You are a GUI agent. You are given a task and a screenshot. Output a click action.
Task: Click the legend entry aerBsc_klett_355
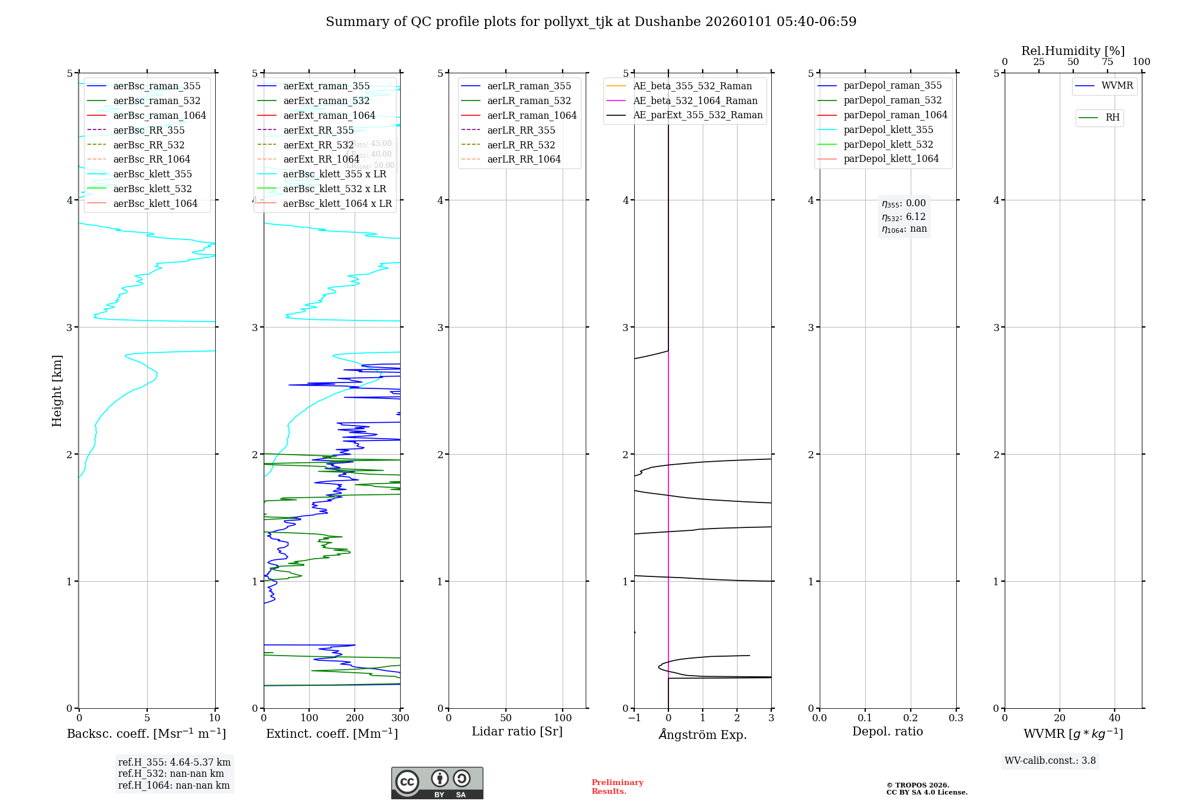pyautogui.click(x=152, y=174)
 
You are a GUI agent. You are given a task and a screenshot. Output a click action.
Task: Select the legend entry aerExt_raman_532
pyautogui.click(x=326, y=100)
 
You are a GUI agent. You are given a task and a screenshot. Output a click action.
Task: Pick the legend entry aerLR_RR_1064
pyautogui.click(x=524, y=159)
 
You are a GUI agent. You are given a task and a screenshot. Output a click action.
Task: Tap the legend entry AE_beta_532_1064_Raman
pyautogui.click(x=695, y=100)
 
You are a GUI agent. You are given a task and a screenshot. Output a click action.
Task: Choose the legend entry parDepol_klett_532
pyautogui.click(x=888, y=144)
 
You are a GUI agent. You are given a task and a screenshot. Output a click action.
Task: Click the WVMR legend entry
pyautogui.click(x=1117, y=86)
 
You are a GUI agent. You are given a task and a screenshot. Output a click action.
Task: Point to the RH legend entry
pyautogui.click(x=1112, y=118)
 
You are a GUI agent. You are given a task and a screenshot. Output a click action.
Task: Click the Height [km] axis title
pyautogui.click(x=57, y=391)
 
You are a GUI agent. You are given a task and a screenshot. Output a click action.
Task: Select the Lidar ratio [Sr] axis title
pyautogui.click(x=517, y=731)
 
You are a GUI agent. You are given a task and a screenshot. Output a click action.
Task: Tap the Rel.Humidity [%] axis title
pyautogui.click(x=1073, y=51)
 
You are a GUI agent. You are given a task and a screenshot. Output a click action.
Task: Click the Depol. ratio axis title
pyautogui.click(x=887, y=731)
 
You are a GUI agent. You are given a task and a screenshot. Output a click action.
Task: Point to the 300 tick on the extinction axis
pyautogui.click(x=400, y=718)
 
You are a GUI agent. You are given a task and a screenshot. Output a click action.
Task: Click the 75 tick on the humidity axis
pyautogui.click(x=1107, y=62)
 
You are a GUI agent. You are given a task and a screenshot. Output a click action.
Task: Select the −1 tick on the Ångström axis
pyautogui.click(x=634, y=718)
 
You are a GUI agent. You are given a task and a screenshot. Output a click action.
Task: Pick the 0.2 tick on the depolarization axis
pyautogui.click(x=911, y=718)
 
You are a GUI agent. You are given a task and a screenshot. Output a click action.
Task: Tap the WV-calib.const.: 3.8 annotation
pyautogui.click(x=1050, y=761)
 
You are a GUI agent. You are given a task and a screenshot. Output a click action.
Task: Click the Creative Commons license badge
pyautogui.click(x=437, y=783)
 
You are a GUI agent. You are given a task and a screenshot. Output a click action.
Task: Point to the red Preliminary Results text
pyautogui.click(x=617, y=787)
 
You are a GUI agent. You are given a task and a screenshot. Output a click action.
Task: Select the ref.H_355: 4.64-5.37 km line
pyautogui.click(x=174, y=763)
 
